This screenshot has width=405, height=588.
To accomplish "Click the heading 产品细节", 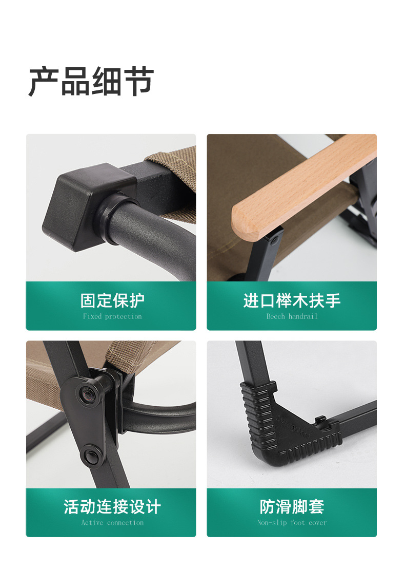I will coord(91,82).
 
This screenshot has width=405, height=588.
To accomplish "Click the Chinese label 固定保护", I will coord(112,300).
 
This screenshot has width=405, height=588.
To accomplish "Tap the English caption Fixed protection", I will coord(112,316).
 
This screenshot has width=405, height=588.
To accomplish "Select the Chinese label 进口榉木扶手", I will coord(292,300).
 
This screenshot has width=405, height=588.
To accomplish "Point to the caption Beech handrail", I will coord(292,316).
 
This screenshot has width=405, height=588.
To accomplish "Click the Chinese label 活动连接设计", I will coord(112,507).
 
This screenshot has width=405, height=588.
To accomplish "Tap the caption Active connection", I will coord(112,523).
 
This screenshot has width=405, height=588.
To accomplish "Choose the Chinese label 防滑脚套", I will coord(292,507).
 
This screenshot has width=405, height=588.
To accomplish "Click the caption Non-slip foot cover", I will coord(292,523).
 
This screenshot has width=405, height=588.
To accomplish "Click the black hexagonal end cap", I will coord(85,205).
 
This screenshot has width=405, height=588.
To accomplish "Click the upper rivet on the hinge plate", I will coord(84,394).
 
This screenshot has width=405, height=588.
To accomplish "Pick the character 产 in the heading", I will coord(43,82).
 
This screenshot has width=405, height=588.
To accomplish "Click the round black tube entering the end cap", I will coord(149,231).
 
